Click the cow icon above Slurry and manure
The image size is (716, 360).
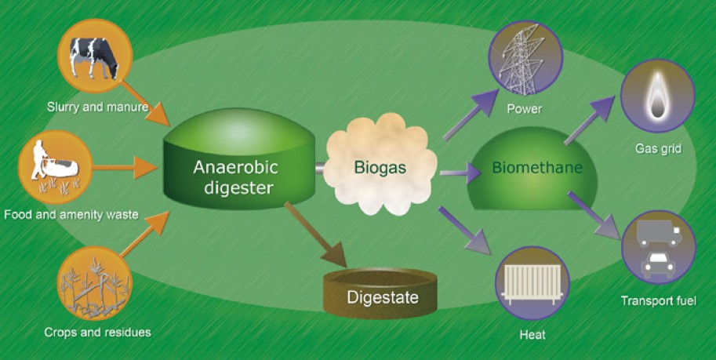click(94, 56)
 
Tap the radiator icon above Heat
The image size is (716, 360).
click(532, 284)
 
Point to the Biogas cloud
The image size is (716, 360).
click(380, 165)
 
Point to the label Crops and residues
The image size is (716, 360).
click(97, 332)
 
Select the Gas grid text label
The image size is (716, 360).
click(658, 148)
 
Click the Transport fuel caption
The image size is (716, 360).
click(658, 300)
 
